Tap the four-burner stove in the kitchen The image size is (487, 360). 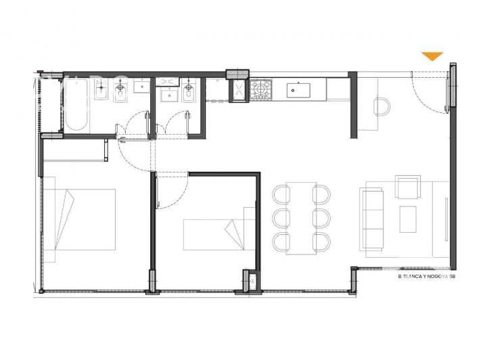(x=260, y=90)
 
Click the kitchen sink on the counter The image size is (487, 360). (x=297, y=88)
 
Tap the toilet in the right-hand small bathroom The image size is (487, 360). (x=189, y=89)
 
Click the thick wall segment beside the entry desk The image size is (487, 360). (x=352, y=105)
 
